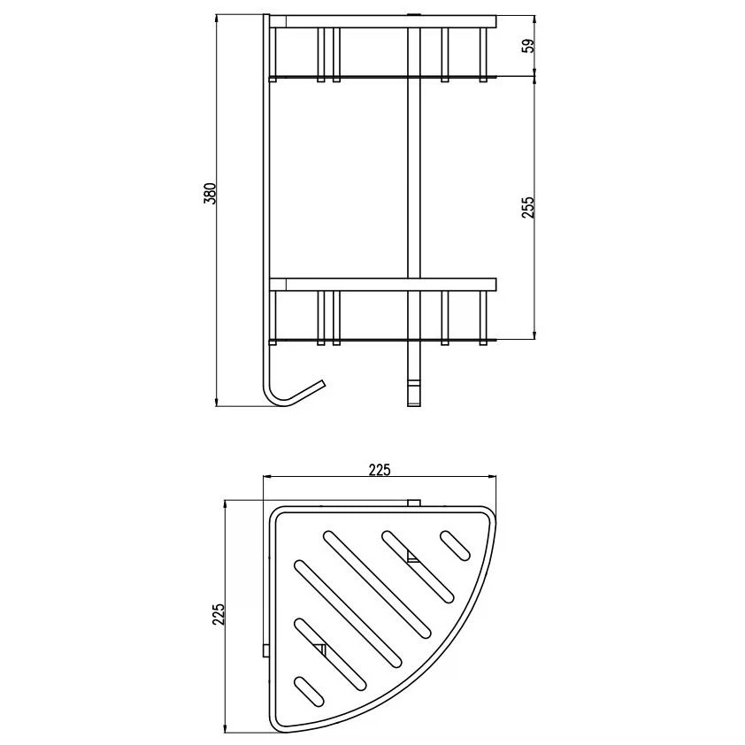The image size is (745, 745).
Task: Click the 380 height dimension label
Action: tap(210, 194)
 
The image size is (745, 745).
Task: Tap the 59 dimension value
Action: tap(528, 46)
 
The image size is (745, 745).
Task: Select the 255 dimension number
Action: tap(528, 207)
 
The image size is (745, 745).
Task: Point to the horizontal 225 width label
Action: tap(380, 470)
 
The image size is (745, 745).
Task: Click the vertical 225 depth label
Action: tap(218, 614)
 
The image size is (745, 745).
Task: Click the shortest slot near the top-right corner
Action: tap(455, 545)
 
